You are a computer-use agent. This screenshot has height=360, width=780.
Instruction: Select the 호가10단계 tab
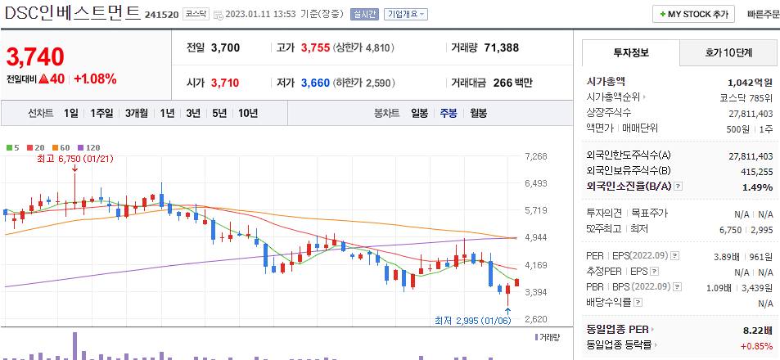(728, 52)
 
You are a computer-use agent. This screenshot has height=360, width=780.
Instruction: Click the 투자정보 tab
(630, 52)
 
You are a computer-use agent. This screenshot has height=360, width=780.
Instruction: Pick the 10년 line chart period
(247, 113)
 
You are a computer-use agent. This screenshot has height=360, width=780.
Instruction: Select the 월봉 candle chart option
(478, 113)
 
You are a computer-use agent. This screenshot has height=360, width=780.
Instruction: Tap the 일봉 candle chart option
(419, 113)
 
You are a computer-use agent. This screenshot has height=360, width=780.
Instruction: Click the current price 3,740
(35, 56)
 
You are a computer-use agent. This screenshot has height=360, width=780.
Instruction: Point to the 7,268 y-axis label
(535, 156)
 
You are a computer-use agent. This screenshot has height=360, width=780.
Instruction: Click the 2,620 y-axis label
(535, 319)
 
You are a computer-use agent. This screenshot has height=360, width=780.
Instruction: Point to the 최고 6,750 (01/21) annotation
(74, 159)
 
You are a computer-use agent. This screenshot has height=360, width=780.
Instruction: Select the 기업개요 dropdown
(406, 14)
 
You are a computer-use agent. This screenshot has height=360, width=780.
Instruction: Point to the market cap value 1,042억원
(750, 82)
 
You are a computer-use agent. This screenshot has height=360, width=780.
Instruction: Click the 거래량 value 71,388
(501, 47)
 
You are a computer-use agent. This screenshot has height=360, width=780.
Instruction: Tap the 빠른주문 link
(763, 14)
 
